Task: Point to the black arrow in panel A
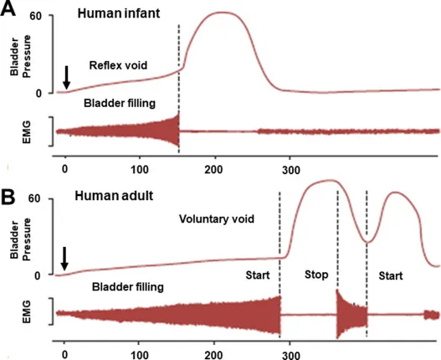(66, 77)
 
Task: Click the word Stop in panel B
(315, 274)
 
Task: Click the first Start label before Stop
(259, 274)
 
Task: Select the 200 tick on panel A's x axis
(216, 162)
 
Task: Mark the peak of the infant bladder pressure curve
(219, 13)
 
